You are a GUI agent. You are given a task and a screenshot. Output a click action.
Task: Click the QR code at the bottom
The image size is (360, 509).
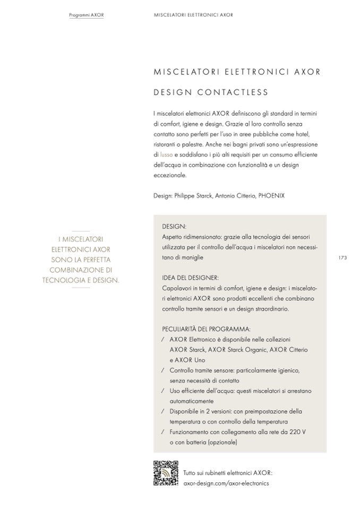[165, 473]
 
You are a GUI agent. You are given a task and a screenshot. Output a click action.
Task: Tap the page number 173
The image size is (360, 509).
[342, 257]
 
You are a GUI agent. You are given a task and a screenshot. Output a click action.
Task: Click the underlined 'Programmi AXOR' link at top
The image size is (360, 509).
[86, 15]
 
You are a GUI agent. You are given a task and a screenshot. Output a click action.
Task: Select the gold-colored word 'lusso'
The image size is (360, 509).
[166, 154]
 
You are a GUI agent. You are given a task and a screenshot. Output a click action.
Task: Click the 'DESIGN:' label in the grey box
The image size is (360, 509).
[174, 226]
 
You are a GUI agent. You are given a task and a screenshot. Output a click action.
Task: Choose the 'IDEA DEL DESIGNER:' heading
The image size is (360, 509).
[190, 278]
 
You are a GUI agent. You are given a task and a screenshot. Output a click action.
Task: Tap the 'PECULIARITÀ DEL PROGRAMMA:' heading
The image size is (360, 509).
[206, 329]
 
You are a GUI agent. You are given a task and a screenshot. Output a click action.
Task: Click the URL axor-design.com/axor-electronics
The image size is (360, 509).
[226, 483]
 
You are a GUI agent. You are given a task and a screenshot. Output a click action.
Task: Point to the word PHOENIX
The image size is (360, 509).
[271, 195]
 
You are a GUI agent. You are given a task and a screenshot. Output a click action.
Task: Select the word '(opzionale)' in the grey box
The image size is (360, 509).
[219, 442]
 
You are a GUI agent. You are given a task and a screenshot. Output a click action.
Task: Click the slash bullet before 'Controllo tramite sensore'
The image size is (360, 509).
[162, 370]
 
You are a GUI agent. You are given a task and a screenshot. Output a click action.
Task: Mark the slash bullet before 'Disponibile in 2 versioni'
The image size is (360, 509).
[162, 411]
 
